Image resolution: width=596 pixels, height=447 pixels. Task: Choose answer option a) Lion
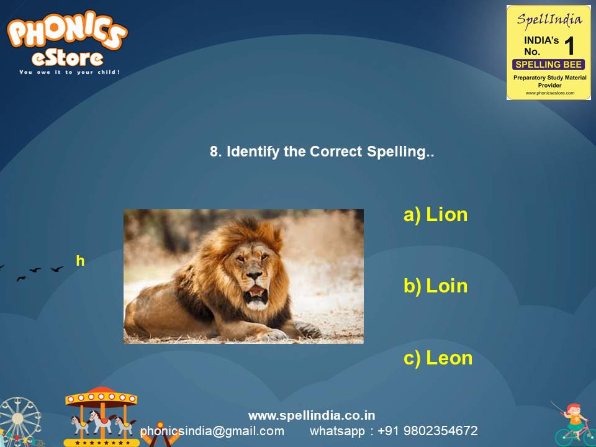coord(435,215)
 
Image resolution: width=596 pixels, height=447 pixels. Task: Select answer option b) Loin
coord(435,286)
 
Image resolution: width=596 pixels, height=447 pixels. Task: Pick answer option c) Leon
coord(438,358)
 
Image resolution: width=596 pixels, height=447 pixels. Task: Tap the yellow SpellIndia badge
coord(548,52)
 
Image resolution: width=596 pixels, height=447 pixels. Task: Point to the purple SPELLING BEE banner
coord(548,65)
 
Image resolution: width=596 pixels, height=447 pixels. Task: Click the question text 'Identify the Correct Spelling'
coord(322,151)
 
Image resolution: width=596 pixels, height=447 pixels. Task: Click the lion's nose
coord(255,275)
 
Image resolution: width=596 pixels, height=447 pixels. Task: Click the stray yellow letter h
coord(80,261)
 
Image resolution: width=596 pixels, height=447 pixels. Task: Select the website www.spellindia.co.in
coord(312,415)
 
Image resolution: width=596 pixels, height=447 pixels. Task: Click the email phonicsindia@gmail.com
coord(212,431)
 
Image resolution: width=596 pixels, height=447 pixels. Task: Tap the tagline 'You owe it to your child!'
coord(70,72)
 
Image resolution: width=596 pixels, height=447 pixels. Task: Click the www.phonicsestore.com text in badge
coord(549,93)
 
